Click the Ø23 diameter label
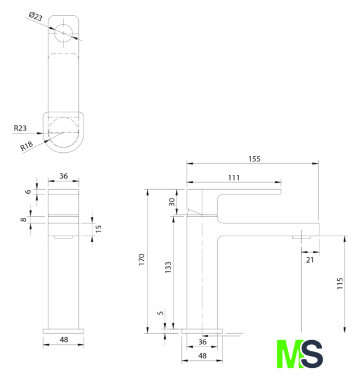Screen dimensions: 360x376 (35, 16)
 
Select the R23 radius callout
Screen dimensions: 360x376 (20, 128)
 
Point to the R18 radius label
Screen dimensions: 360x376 (26, 146)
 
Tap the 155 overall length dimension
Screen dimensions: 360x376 (254, 159)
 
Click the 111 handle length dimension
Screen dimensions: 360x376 (234, 177)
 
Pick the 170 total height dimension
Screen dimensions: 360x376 (142, 260)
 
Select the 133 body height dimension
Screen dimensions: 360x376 (168, 267)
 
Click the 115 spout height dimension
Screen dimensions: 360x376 (340, 283)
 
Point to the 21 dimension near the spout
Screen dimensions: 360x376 (310, 260)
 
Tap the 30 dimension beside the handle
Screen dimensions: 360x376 (172, 202)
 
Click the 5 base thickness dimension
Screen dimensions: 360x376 (160, 313)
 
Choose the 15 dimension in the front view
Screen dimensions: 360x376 (98, 229)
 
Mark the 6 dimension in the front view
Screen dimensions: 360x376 (28, 192)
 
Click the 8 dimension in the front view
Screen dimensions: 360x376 (23, 219)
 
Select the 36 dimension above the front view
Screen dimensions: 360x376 (64, 176)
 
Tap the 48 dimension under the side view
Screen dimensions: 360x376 (202, 356)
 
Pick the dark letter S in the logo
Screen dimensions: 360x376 (312, 354)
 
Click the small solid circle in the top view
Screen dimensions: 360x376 (64, 33)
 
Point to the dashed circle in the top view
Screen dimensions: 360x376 (64, 132)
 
